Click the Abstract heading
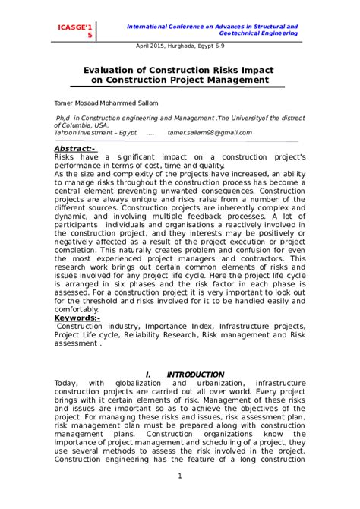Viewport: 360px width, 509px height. tap(74, 148)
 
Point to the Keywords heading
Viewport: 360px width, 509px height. tap(77, 318)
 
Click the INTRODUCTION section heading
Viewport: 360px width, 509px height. tap(195, 375)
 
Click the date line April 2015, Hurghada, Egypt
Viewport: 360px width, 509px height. tap(180, 45)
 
